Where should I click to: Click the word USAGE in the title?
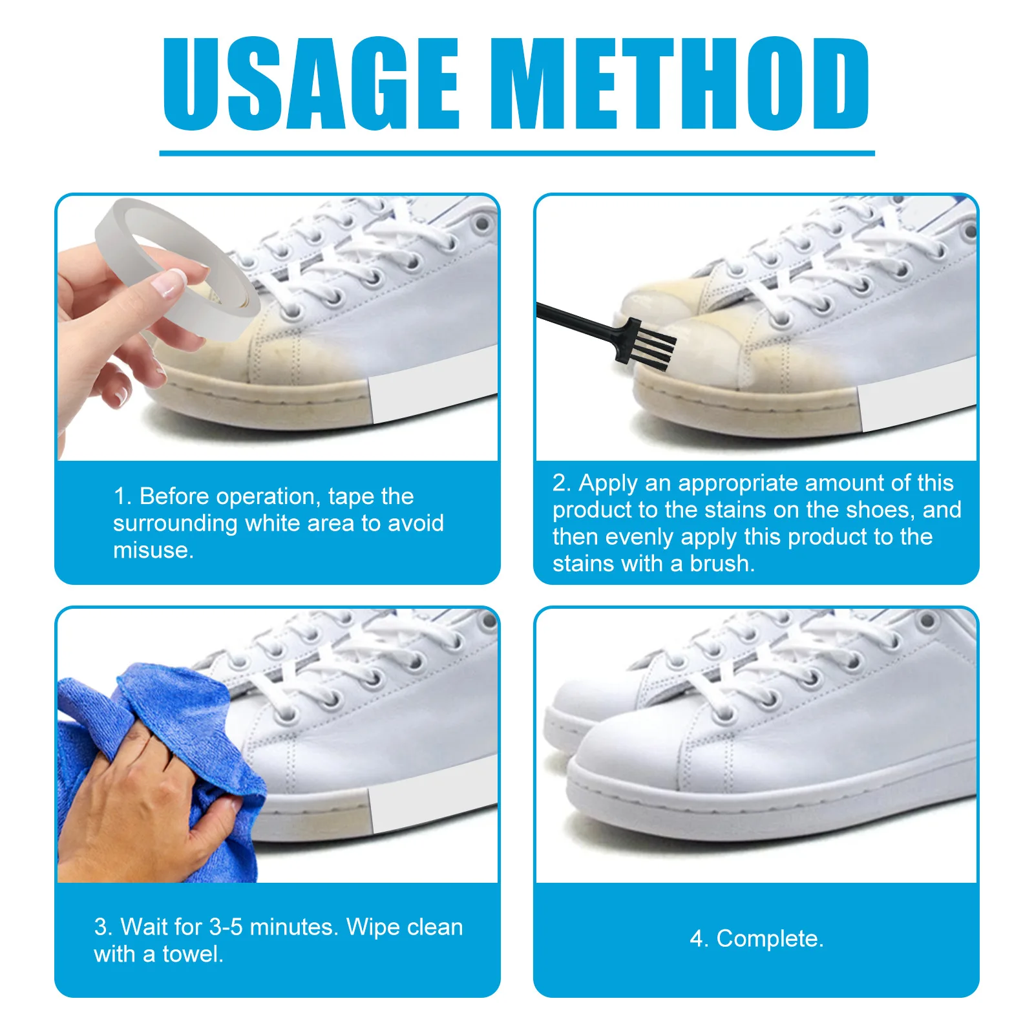coord(310,84)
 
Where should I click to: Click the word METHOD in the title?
coord(679,84)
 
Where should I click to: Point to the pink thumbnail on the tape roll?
coord(169,283)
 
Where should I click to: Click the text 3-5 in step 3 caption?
coord(226,927)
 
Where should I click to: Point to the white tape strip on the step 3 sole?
coord(433,805)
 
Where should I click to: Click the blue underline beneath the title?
coord(517,153)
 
